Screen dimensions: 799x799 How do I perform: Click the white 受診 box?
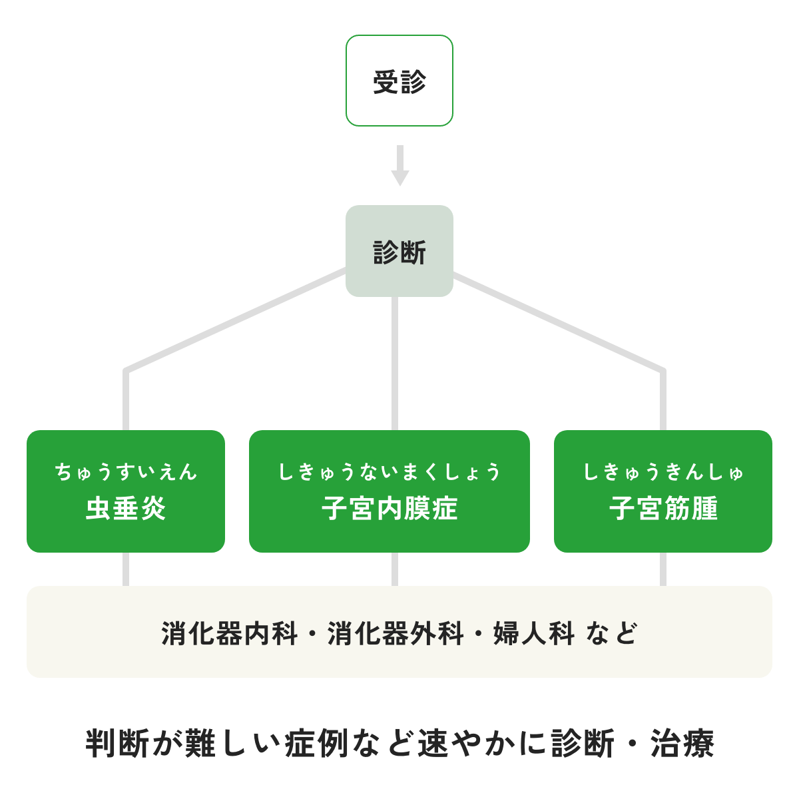400,81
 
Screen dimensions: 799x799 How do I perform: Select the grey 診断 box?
400,251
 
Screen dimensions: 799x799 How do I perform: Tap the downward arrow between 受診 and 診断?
400,166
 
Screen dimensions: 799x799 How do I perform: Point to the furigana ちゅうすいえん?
126,472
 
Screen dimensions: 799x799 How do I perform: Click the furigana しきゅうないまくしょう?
390,472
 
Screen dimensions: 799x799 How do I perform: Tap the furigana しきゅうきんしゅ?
663,472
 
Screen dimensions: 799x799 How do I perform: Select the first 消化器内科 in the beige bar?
229,633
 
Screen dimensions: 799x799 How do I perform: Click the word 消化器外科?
396,633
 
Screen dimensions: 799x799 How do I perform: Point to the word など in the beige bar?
611,633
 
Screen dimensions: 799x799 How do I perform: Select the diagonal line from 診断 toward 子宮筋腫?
559,320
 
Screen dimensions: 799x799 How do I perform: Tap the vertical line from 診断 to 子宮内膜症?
395,363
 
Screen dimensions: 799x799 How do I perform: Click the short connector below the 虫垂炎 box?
126,569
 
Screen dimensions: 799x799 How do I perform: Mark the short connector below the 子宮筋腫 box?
663,569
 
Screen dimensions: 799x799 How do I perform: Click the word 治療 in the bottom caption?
682,744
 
